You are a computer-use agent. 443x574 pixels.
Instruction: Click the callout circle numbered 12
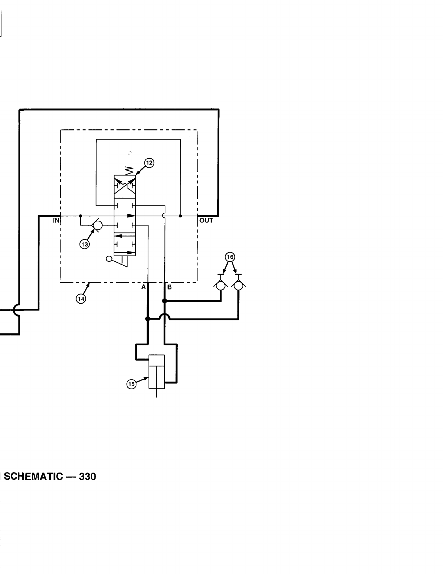pos(149,163)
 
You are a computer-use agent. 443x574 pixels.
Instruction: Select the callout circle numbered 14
pos(81,299)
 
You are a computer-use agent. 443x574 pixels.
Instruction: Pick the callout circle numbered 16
pos(230,257)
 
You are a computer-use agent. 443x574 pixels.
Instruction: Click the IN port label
pos(56,220)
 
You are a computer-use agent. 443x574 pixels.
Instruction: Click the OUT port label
pos(206,220)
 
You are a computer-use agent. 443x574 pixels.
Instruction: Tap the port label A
pos(143,287)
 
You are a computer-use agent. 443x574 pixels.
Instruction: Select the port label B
pos(169,287)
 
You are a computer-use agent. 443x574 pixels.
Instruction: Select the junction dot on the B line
pos(165,301)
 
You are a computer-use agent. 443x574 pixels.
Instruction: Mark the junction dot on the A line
pos(147,319)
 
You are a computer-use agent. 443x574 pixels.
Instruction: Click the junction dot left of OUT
pos(180,216)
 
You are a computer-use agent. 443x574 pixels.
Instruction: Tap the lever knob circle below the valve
pos(109,259)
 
